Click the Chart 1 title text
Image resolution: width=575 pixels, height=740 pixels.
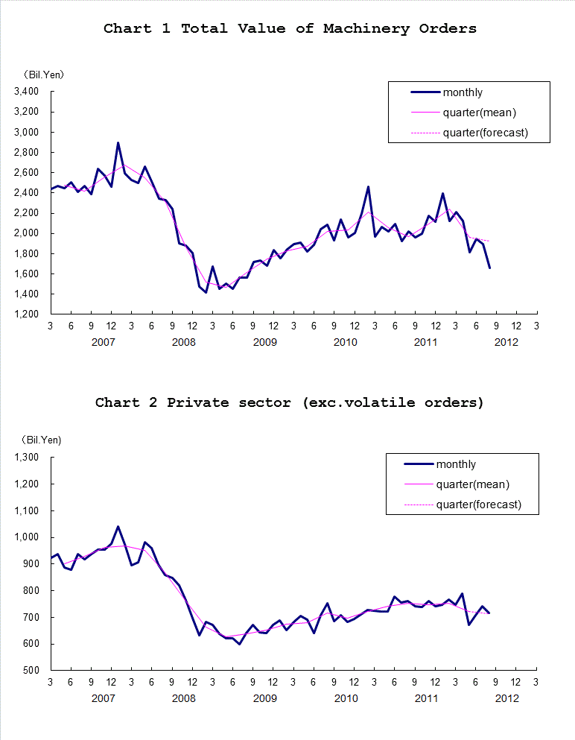(x=290, y=29)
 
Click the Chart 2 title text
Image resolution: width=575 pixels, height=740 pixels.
(x=289, y=402)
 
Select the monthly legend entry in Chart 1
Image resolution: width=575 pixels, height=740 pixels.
(x=463, y=92)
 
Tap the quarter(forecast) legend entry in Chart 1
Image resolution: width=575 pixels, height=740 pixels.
(x=485, y=133)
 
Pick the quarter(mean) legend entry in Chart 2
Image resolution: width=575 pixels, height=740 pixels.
(x=472, y=484)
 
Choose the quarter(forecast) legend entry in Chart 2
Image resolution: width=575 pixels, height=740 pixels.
(x=478, y=505)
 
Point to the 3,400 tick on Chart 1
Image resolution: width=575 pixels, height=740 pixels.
(x=26, y=92)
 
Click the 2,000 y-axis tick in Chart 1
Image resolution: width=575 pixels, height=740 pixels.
(x=26, y=233)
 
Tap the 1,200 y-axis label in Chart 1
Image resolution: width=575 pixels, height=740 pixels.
(x=26, y=314)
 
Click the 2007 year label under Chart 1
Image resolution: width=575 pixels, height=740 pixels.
(x=103, y=342)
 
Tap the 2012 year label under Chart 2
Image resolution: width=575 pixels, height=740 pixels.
(x=506, y=698)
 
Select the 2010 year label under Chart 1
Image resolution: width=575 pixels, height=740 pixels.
(x=345, y=342)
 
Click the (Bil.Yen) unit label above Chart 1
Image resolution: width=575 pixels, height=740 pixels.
(x=41, y=75)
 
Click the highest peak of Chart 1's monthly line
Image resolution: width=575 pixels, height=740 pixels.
(x=118, y=143)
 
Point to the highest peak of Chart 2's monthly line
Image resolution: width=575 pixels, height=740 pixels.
(x=118, y=527)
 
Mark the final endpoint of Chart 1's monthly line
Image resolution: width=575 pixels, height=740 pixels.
(x=489, y=268)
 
